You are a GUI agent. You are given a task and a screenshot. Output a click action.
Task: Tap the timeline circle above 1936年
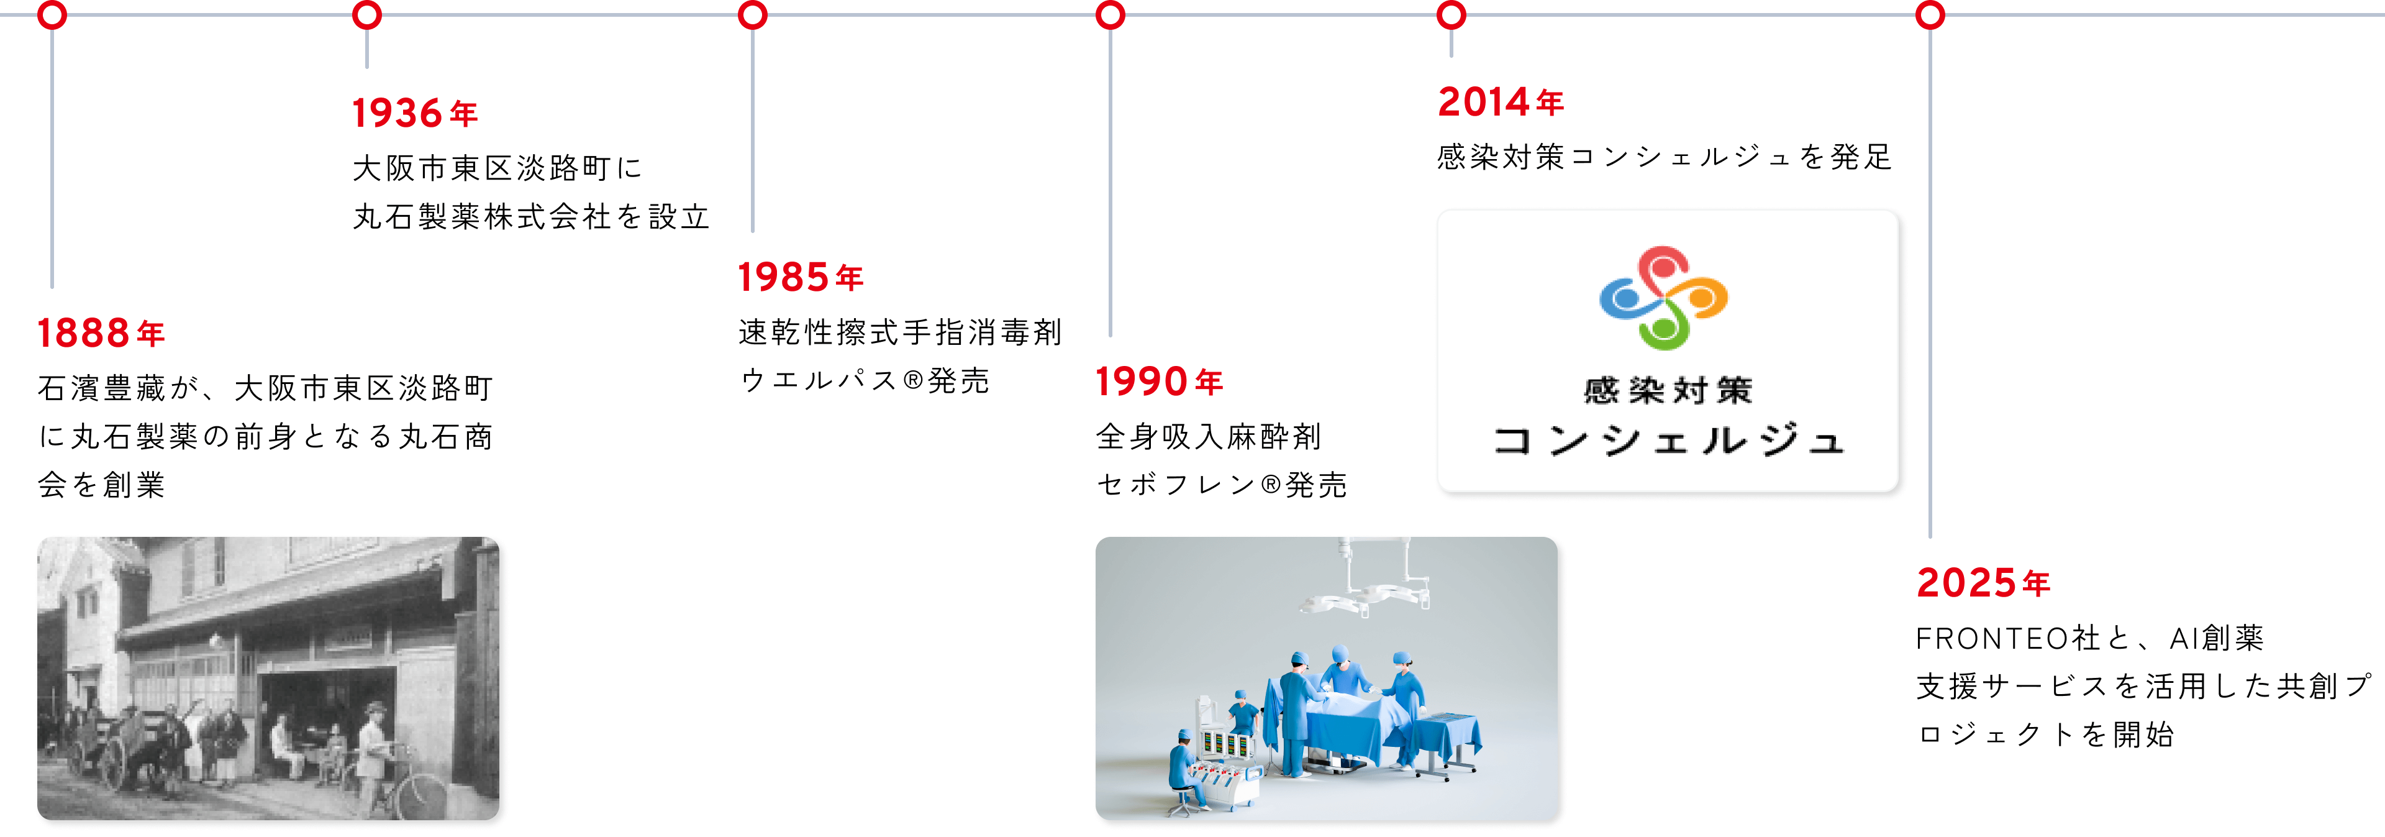tap(368, 16)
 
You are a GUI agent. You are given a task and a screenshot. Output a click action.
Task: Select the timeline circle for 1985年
tap(753, 16)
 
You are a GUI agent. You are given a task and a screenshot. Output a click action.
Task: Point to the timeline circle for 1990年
tap(1110, 16)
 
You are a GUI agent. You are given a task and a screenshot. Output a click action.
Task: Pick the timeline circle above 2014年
tap(1451, 16)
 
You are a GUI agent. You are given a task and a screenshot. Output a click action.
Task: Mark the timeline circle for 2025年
tap(1930, 16)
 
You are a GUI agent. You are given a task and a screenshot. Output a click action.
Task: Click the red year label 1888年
tap(101, 333)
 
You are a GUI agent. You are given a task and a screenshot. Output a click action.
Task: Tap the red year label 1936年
tap(415, 114)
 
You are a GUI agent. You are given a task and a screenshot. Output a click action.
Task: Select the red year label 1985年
tap(800, 277)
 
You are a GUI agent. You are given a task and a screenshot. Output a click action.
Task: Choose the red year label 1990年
tap(1159, 382)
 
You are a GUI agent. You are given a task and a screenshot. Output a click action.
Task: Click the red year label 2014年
tap(1501, 102)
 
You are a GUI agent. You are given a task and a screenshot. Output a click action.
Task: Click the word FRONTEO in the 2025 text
tap(1991, 638)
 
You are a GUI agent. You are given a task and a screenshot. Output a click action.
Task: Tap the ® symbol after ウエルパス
tap(913, 380)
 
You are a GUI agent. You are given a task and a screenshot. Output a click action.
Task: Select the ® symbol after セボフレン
tap(1271, 484)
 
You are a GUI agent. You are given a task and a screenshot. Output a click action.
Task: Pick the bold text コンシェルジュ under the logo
tap(1668, 441)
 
